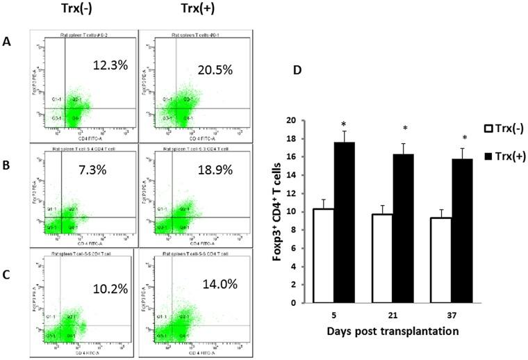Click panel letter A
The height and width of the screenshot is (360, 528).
(x=8, y=41)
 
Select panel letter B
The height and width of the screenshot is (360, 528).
(x=8, y=166)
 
